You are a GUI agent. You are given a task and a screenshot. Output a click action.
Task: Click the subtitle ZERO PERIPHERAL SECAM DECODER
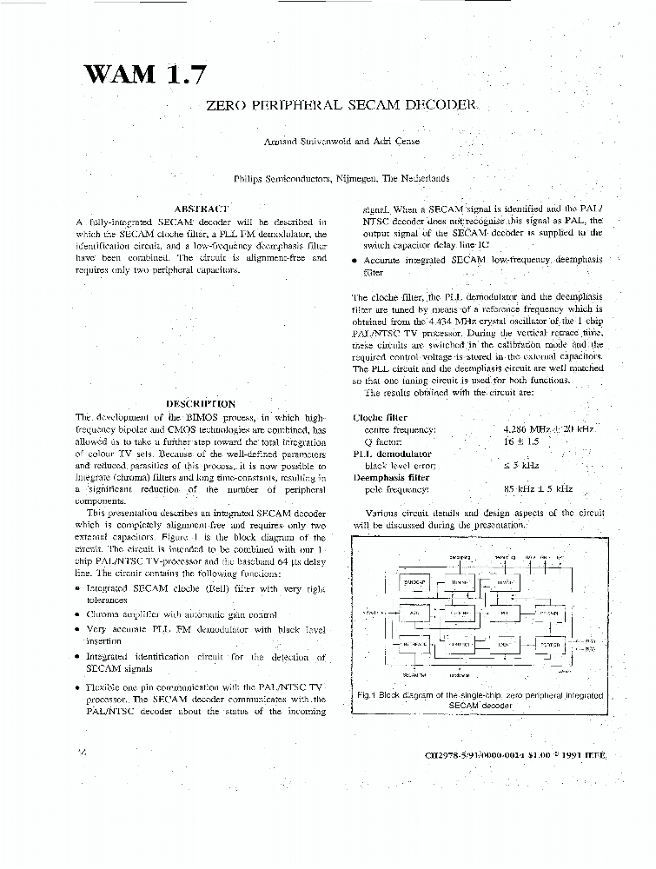(341, 105)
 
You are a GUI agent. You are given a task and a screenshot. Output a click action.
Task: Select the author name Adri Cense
(396, 142)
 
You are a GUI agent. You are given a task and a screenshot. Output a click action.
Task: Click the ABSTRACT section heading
(201, 209)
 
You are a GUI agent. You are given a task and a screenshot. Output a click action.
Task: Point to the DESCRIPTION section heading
(201, 404)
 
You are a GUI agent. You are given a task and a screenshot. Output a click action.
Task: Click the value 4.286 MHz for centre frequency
(532, 429)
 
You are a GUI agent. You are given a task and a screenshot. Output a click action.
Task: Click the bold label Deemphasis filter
(391, 477)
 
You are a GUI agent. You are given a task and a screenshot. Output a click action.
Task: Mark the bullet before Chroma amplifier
(79, 614)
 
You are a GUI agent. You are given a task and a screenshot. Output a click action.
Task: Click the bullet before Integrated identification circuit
(79, 658)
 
